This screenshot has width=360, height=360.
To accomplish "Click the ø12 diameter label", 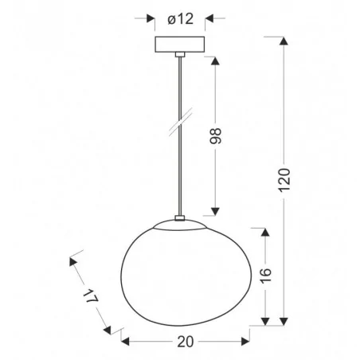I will pyautogui.click(x=180, y=18).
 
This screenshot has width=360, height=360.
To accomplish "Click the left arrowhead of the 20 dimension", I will pyautogui.click(x=126, y=340).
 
